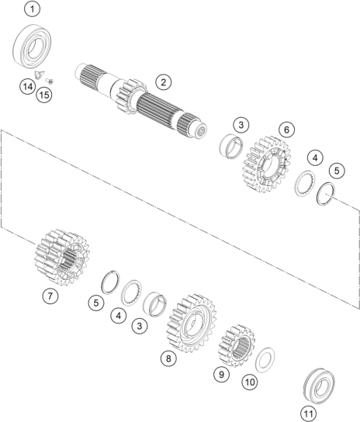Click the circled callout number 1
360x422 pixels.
33,9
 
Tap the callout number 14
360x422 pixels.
27,87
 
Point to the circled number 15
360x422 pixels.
44,95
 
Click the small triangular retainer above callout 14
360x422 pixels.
40,74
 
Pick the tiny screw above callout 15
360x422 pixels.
50,80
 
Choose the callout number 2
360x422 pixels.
164,81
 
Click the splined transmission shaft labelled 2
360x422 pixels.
141,101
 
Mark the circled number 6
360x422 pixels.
286,130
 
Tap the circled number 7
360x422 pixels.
50,296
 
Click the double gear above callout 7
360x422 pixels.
62,257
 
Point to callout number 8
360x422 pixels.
168,358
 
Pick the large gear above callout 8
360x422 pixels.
192,323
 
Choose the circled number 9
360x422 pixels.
222,375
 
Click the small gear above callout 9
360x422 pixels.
236,345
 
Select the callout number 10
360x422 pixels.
250,382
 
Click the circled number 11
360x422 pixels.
308,413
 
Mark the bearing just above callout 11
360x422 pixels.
320,387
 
